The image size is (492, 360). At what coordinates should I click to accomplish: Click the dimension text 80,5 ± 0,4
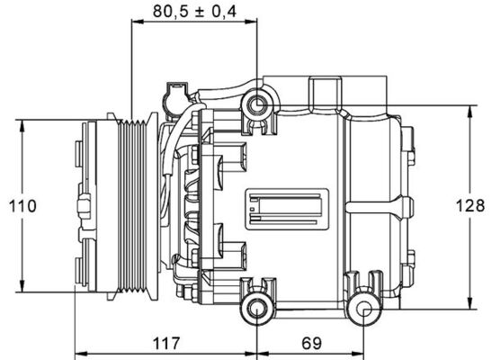194,12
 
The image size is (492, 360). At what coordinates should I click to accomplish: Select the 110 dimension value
23,206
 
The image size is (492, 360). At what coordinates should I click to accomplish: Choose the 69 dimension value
311,343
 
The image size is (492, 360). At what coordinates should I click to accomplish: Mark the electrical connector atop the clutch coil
174,94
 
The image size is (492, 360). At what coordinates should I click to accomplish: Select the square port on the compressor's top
327,92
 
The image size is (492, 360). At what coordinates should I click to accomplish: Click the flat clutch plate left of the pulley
88,206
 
